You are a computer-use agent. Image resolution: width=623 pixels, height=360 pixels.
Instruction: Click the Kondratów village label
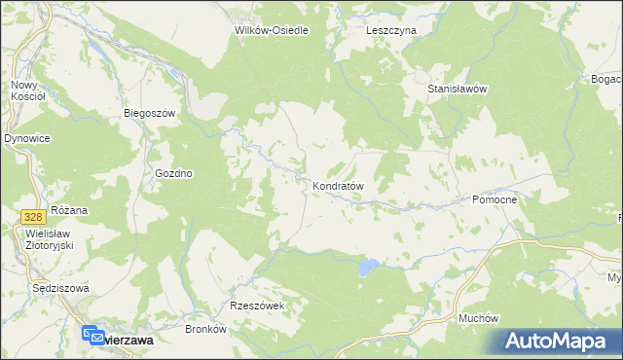pos(338,185)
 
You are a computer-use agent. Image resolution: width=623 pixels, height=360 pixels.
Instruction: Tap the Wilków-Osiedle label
pos(272,30)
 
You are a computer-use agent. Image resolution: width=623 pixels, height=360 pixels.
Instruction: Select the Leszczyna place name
pos(391,30)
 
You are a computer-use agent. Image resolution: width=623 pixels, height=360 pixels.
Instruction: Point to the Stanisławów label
pos(457,89)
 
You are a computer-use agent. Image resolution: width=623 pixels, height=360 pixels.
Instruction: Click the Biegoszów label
pos(149,113)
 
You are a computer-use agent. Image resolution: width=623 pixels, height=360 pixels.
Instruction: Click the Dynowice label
pos(27,139)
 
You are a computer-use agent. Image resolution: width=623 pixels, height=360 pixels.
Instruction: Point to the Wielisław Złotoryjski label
pos(51,239)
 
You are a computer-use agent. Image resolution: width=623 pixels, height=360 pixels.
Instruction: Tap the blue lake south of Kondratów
pos(367,266)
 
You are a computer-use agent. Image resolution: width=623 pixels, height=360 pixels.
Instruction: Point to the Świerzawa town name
pos(128,340)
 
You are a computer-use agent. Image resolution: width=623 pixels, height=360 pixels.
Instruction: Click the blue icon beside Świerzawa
pos(91,333)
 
